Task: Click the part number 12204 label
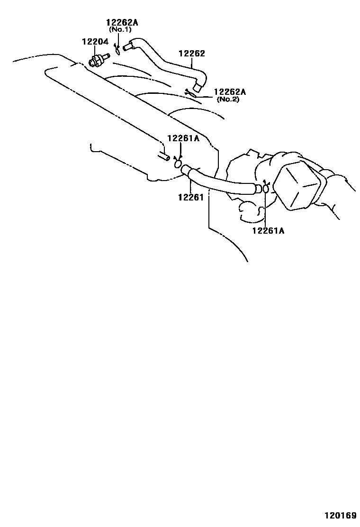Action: pos(96,42)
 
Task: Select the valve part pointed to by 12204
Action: pos(98,61)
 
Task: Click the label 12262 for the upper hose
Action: pos(192,54)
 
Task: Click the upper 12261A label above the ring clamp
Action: pos(183,138)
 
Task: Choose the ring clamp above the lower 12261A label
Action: pos(266,188)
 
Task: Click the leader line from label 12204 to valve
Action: pos(96,51)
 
